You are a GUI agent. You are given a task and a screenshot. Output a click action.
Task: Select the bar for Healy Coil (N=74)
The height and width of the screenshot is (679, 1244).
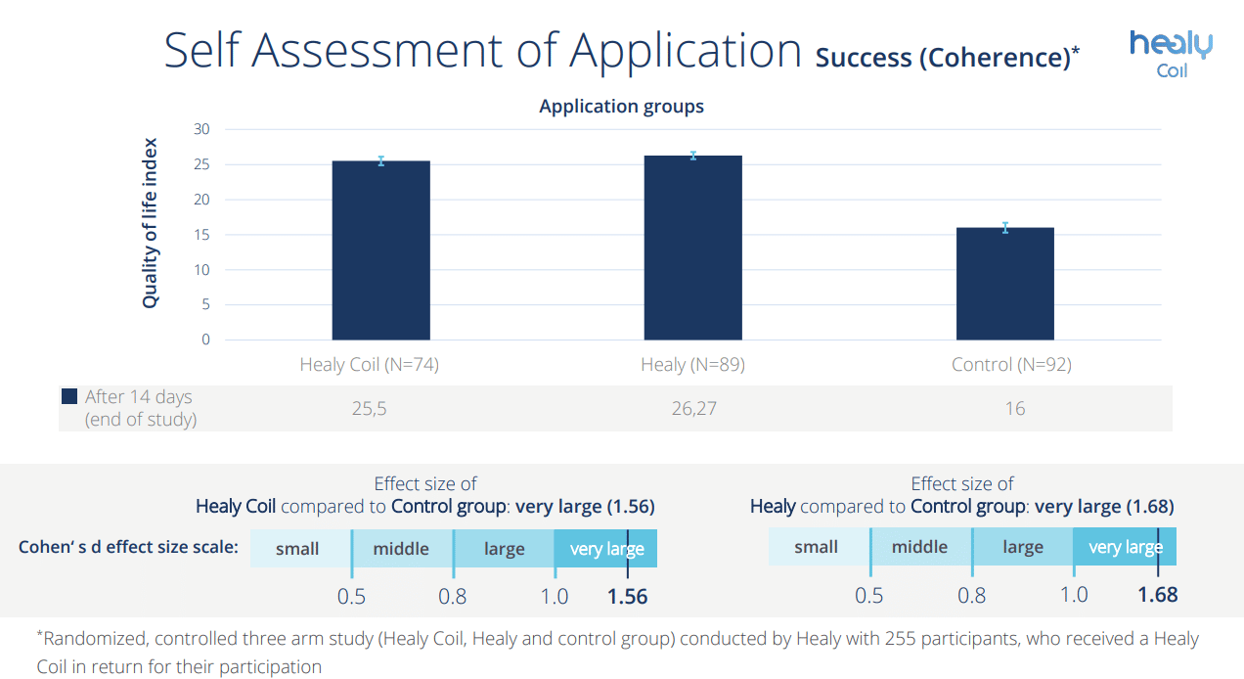pyautogui.click(x=381, y=250)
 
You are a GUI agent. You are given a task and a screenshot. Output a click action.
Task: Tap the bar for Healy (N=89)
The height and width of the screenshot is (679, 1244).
pyautogui.click(x=692, y=248)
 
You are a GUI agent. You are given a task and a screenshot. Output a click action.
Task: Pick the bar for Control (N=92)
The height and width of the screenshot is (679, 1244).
pyautogui.click(x=1004, y=284)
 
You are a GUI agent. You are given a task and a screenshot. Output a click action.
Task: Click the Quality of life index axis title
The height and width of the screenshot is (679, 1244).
pyautogui.click(x=150, y=223)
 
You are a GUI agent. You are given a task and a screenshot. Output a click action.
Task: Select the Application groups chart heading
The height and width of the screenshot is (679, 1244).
pyautogui.click(x=621, y=107)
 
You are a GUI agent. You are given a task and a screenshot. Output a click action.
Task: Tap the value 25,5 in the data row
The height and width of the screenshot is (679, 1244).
pyautogui.click(x=370, y=408)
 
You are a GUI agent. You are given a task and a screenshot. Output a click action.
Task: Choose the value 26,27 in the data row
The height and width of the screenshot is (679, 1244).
pyautogui.click(x=692, y=408)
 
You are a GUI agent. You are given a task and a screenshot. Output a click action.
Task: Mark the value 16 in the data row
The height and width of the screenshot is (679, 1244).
pyautogui.click(x=1014, y=408)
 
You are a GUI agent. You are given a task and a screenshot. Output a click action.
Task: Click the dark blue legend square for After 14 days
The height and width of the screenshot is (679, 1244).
pyautogui.click(x=69, y=396)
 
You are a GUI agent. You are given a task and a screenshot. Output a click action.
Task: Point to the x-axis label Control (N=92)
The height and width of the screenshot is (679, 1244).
pyautogui.click(x=1011, y=365)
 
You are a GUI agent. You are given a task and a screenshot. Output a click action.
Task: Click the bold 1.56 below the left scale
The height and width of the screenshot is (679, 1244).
pyautogui.click(x=627, y=596)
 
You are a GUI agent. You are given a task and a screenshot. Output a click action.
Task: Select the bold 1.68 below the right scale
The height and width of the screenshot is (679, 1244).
pyautogui.click(x=1158, y=594)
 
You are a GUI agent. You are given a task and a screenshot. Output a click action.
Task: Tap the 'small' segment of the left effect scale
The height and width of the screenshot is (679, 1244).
pyautogui.click(x=298, y=549)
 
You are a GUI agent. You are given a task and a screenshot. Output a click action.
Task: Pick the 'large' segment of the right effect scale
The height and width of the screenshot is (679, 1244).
pyautogui.click(x=1023, y=547)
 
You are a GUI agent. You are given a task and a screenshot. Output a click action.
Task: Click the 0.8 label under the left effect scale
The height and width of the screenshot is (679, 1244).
pyautogui.click(x=453, y=596)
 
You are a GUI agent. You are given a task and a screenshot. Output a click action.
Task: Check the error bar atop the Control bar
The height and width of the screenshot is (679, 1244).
pyautogui.click(x=1004, y=227)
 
